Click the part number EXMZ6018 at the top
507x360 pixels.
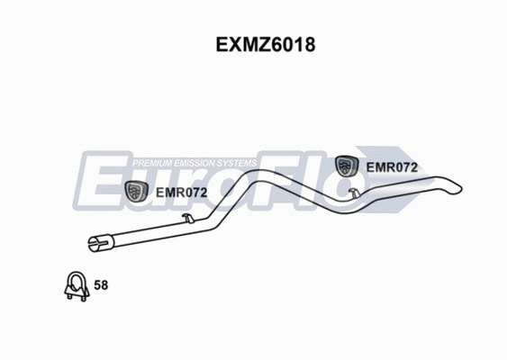[253, 42]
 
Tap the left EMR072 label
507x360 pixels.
[182, 193]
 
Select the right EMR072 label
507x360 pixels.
[391, 166]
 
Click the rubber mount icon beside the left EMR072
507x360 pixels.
[137, 191]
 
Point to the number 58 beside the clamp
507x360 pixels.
[101, 285]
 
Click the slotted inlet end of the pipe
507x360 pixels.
[96, 241]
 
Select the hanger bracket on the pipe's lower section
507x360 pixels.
[185, 219]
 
